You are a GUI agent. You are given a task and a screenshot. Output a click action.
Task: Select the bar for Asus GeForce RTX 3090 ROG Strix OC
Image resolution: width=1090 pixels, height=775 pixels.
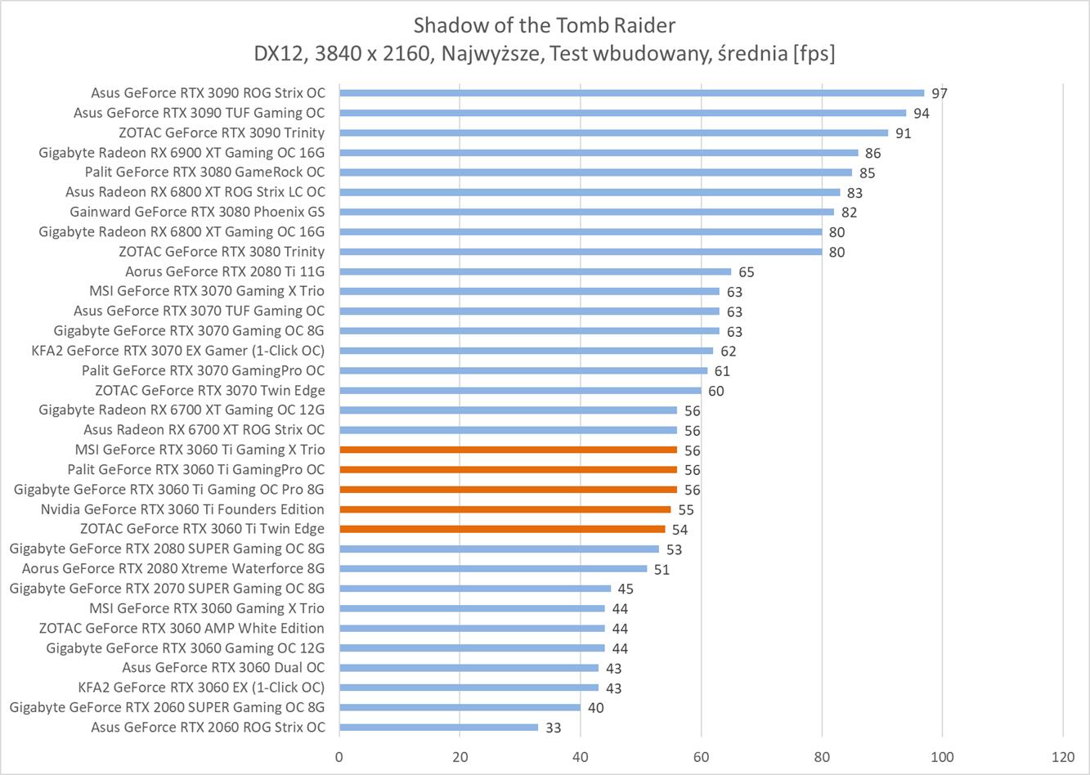point(631,93)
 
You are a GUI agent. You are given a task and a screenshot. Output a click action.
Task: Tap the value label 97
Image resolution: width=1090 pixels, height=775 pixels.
point(940,93)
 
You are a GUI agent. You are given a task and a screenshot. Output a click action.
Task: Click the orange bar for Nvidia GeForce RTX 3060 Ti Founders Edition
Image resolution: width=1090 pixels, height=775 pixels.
point(505,509)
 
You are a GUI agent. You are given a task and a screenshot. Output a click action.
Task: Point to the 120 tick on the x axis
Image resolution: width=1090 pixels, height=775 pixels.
point(1063,756)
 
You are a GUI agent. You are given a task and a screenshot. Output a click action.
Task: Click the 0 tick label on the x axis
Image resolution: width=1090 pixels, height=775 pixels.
point(339,756)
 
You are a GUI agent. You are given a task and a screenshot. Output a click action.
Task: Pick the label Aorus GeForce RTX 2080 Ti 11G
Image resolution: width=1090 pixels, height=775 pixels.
point(225,271)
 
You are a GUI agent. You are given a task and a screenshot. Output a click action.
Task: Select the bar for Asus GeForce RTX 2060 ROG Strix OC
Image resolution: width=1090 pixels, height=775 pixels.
point(438,728)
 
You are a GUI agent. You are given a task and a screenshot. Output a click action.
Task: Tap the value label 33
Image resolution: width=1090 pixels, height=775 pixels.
point(554,728)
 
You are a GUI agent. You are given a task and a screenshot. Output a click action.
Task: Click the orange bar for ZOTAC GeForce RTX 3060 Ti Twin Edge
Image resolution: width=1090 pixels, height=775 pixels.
point(502,529)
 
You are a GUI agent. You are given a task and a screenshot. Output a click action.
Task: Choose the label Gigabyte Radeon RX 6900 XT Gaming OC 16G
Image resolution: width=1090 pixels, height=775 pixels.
point(182,152)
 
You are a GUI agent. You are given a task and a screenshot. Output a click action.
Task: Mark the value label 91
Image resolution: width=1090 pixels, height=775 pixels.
point(903,133)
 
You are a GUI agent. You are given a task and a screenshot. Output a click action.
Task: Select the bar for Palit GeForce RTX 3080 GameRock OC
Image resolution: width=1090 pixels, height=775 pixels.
point(595,172)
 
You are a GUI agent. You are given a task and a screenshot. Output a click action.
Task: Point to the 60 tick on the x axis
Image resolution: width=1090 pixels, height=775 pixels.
point(701,756)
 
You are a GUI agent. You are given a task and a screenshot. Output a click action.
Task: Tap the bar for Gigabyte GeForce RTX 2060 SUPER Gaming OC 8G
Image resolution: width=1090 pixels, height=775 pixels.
point(460,707)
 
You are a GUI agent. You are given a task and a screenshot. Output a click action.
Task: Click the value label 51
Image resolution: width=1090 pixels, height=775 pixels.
point(662,569)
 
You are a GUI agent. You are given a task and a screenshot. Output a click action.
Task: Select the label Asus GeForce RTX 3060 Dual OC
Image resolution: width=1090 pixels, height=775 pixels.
point(223,668)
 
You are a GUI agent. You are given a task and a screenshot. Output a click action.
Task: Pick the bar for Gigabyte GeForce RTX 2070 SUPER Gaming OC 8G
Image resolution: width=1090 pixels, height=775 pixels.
point(475,589)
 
